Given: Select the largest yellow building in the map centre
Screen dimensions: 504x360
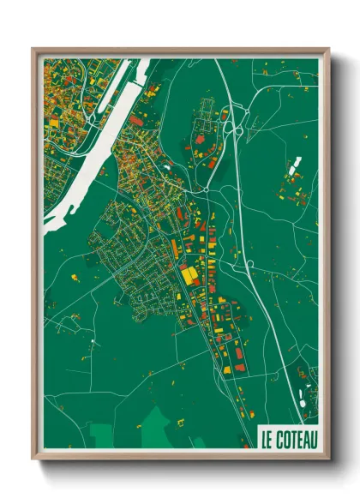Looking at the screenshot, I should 188,276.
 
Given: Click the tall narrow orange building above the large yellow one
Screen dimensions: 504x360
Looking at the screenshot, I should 175,248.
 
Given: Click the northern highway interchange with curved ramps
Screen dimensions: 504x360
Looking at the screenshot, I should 231,129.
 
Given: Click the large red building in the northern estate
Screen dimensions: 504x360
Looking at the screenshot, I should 200,138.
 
